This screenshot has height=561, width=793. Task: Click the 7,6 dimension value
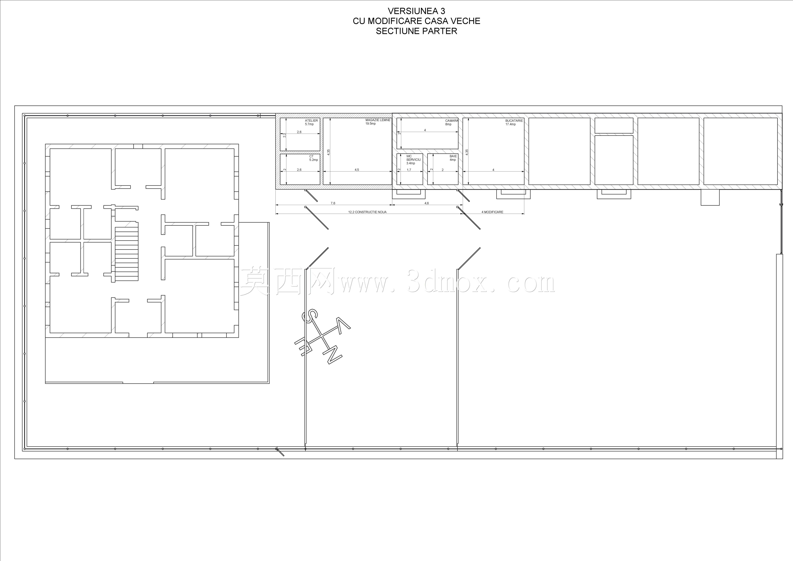point(333,203)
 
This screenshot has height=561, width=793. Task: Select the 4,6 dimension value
point(427,203)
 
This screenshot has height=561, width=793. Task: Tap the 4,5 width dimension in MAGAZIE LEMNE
point(357,170)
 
